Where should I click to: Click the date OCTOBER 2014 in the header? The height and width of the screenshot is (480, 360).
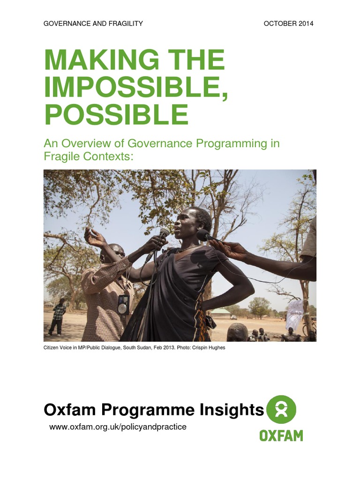[x=288, y=23]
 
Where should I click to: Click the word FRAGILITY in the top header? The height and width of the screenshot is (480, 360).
[x=125, y=23]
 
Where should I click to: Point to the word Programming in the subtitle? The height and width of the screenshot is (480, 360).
[x=232, y=143]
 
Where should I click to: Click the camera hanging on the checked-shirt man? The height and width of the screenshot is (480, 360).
[x=124, y=305]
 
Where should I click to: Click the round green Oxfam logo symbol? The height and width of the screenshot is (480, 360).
[x=281, y=409]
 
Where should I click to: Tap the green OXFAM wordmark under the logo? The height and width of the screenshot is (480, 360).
[x=281, y=435]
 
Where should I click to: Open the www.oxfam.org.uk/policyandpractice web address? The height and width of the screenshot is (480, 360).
[x=118, y=427]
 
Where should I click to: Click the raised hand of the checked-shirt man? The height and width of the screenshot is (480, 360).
[x=93, y=237]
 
